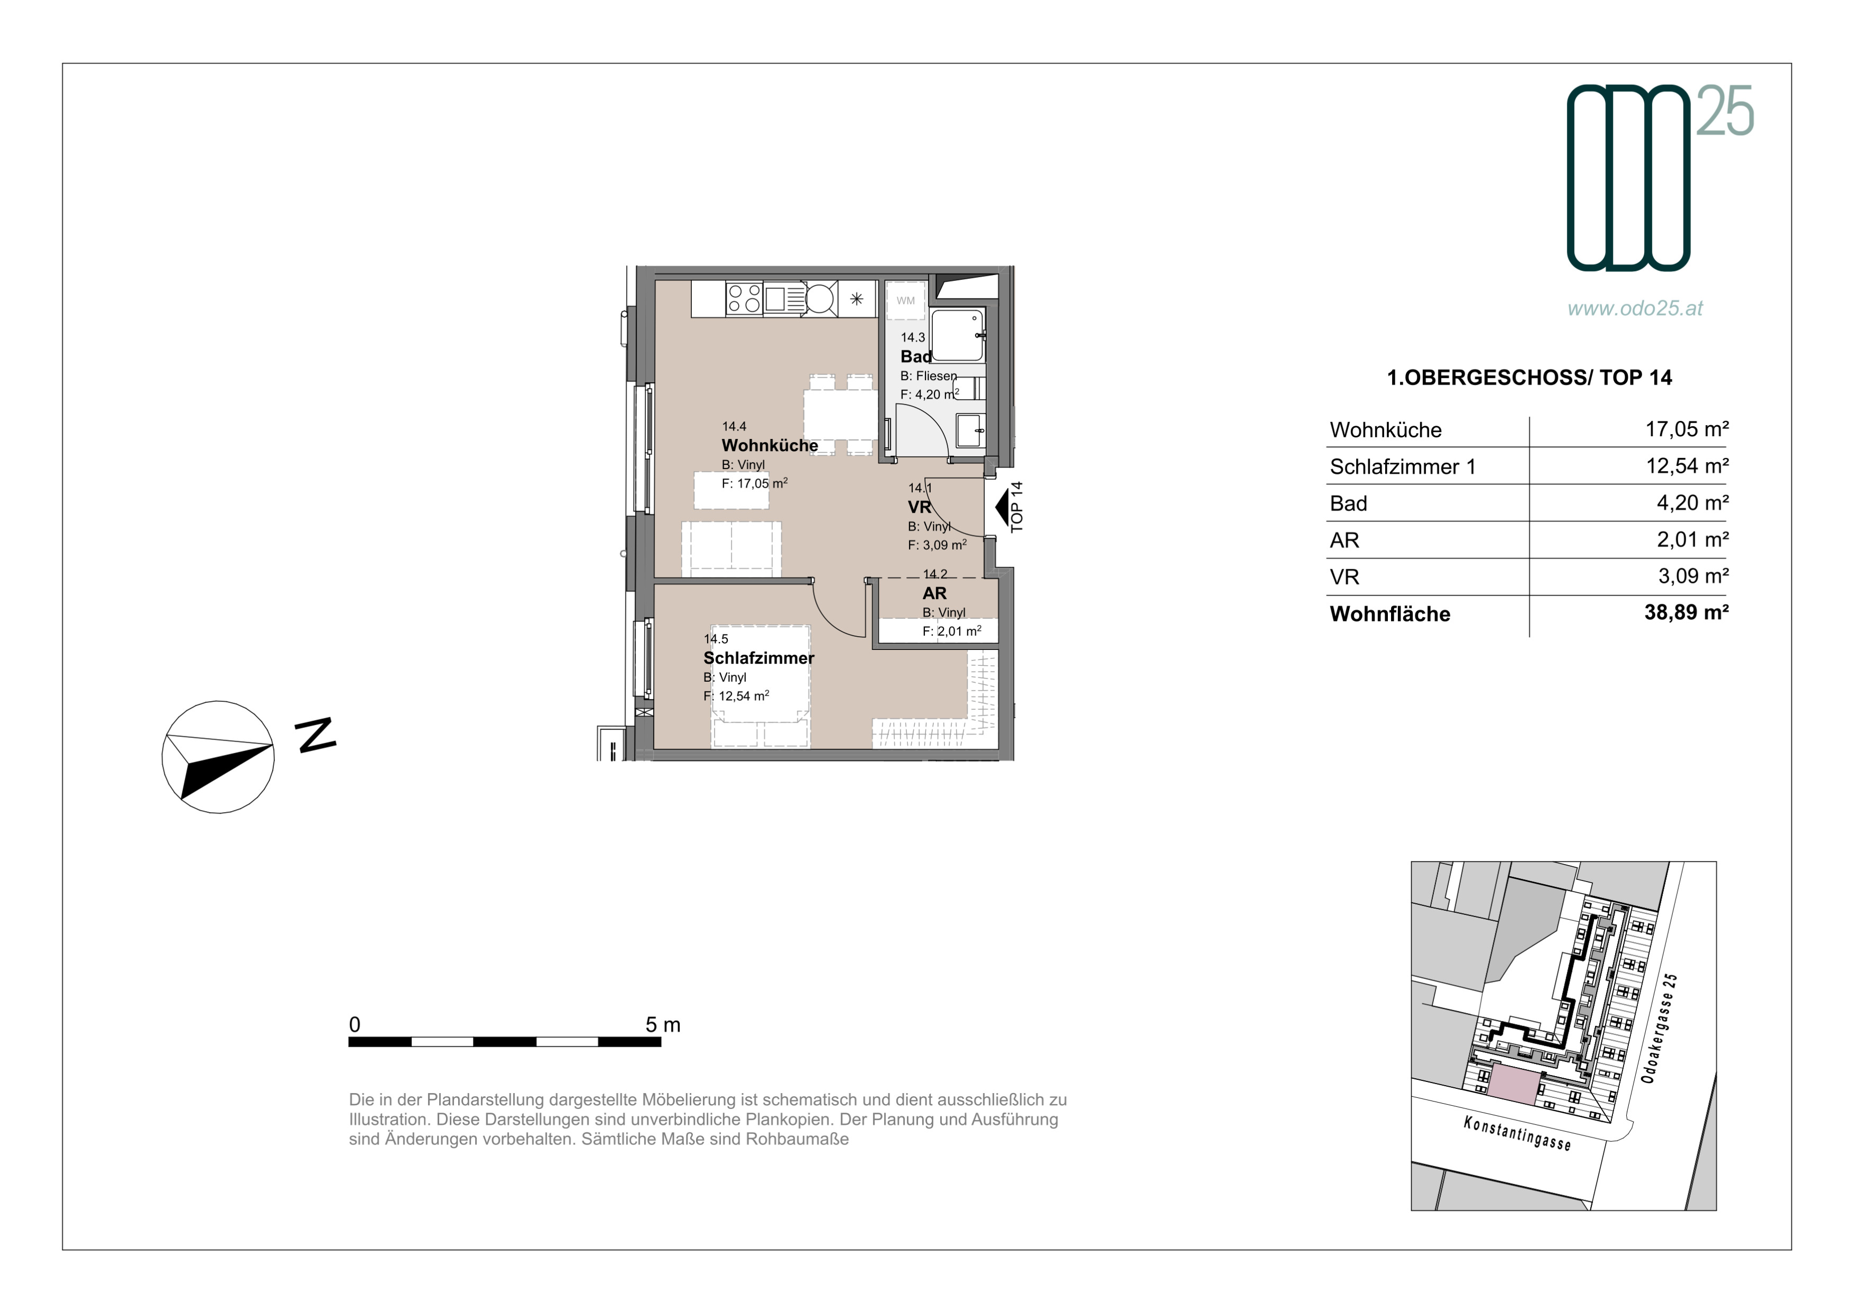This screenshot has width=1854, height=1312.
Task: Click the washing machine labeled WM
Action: tap(905, 301)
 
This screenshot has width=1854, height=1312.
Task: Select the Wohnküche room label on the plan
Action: tap(770, 445)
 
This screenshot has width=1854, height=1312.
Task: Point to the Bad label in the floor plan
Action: tap(916, 356)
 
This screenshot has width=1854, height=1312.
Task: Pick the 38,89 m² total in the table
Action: tap(1686, 612)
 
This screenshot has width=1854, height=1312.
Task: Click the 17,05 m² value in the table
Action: tap(1687, 429)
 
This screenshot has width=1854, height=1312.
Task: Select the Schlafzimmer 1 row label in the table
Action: tap(1403, 467)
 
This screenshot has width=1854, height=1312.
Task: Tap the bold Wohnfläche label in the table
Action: tap(1389, 614)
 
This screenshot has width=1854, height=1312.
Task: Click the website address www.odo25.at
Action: tap(1635, 308)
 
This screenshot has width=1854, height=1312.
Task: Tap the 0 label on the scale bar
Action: tap(354, 1024)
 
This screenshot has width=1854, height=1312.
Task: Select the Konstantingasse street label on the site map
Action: tap(1517, 1133)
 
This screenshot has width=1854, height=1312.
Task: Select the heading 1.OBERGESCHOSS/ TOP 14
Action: tap(1529, 377)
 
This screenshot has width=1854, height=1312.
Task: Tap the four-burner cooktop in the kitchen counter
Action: tap(744, 298)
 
